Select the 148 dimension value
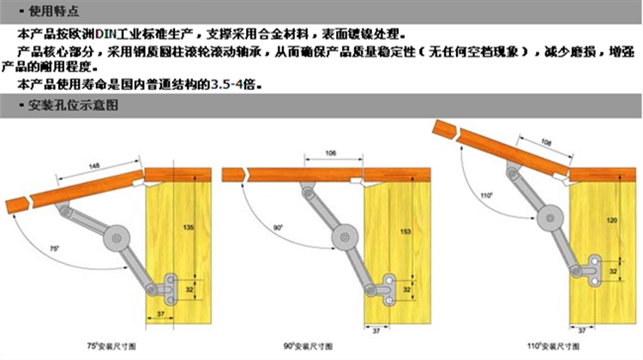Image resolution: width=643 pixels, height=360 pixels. pos(93,165)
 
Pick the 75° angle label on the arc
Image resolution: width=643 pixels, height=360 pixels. pos(54,248)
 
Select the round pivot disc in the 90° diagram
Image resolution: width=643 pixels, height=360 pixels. pos(345,233)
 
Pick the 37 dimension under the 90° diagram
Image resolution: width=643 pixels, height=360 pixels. pos(374,328)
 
